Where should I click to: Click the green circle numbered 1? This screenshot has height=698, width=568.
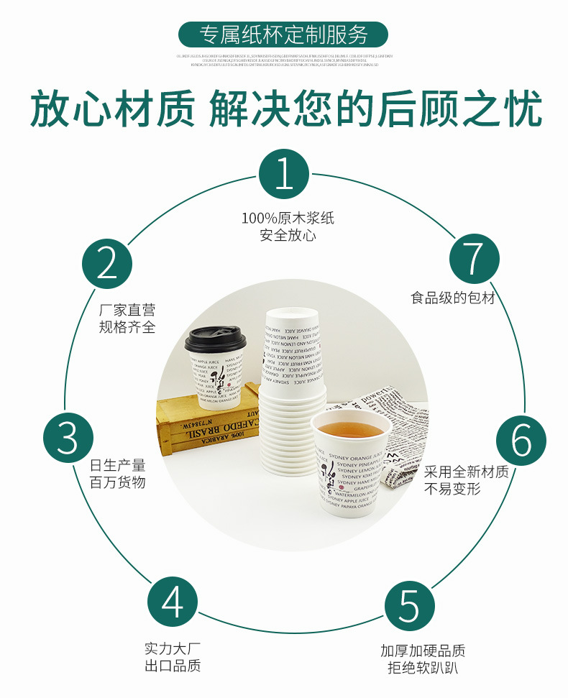pos(284,175)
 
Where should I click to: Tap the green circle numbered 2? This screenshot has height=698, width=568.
pos(107,263)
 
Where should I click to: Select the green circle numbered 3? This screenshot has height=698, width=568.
pos(68,437)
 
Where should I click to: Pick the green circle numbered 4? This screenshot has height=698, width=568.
pos(173,602)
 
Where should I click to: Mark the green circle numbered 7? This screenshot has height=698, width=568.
pos(474,258)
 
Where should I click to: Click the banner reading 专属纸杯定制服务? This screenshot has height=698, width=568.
pos(283,35)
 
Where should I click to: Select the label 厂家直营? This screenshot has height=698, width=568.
pos(127,311)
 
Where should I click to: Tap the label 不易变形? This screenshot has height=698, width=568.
pos(452,489)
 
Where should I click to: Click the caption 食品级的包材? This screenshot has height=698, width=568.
pos(453,297)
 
